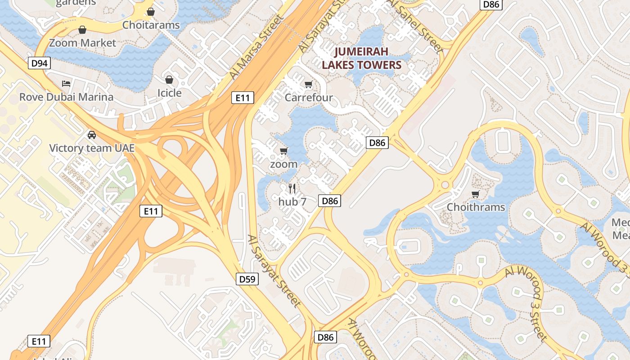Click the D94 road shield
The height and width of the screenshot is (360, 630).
pos(40,63)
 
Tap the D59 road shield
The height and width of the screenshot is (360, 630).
pos(247,279)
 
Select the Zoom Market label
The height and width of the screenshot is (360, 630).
pos(82,43)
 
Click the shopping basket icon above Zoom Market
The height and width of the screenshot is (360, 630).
pos(82,30)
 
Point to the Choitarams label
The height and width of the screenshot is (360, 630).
pos(151,25)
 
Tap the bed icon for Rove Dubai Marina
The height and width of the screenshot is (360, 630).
pos(66,84)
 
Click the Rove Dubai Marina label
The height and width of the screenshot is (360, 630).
pos(66,97)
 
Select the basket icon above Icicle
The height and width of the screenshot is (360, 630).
pos(169,80)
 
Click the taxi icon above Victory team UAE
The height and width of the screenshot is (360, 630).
pos(91,135)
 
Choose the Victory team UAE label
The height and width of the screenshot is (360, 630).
pos(91,148)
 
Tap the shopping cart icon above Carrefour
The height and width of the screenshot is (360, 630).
pos(309,85)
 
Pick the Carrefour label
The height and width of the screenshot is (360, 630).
pos(309,98)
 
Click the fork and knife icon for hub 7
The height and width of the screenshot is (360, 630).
pos(292,189)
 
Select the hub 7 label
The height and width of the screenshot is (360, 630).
pos(292,202)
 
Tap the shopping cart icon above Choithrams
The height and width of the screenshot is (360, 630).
pos(476,194)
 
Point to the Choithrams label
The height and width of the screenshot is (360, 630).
pos(476,207)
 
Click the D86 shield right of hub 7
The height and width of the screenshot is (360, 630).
pos(330,201)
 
